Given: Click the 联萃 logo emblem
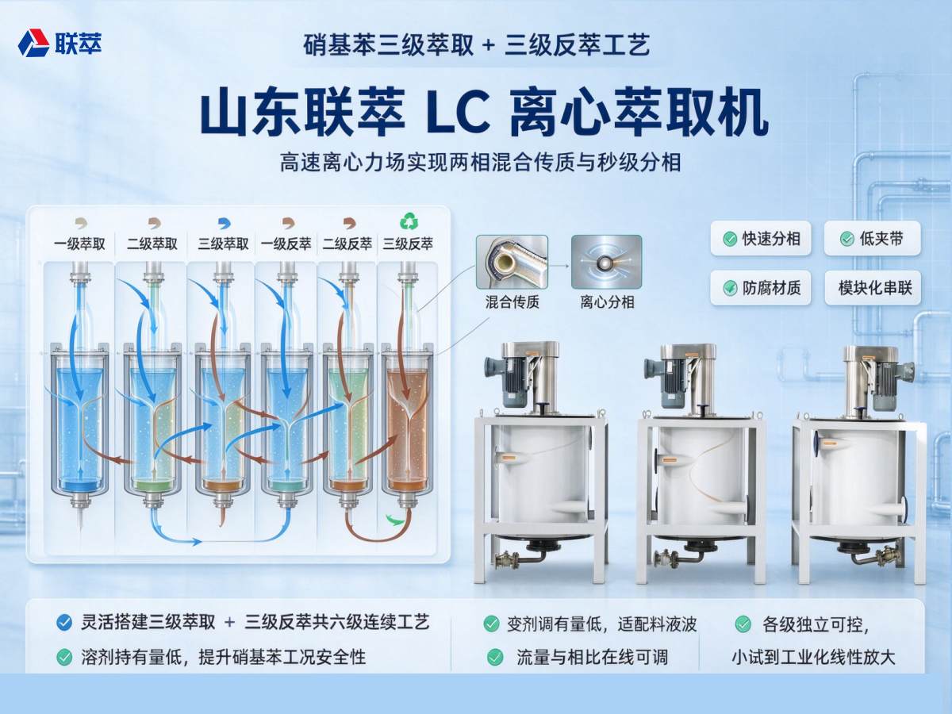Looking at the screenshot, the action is coord(33,43).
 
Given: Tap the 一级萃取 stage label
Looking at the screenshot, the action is coord(80,244).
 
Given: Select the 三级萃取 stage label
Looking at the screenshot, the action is coord(224,244).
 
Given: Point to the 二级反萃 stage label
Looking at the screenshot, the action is coord(347,244).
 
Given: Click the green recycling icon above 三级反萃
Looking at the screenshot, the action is coord(409,221).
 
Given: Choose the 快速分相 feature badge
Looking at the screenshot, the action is coord(761,239).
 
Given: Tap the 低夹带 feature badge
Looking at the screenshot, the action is coord(872,239).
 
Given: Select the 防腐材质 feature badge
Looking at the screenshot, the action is coord(761,288).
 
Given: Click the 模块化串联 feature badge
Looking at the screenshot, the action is coord(873,288).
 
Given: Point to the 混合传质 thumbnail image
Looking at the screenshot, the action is coord(512,263).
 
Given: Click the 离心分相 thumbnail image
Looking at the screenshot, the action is coord(606,263).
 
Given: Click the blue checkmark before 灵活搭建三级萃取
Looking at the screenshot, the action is coord(64,623).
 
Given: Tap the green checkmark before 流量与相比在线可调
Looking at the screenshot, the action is coord(495,657).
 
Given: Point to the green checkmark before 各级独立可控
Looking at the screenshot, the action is coord(743,624).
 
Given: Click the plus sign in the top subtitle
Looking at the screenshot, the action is coord(489,45).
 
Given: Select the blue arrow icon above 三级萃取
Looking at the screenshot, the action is coord(225,223).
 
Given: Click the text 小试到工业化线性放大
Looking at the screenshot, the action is coord(814,657).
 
